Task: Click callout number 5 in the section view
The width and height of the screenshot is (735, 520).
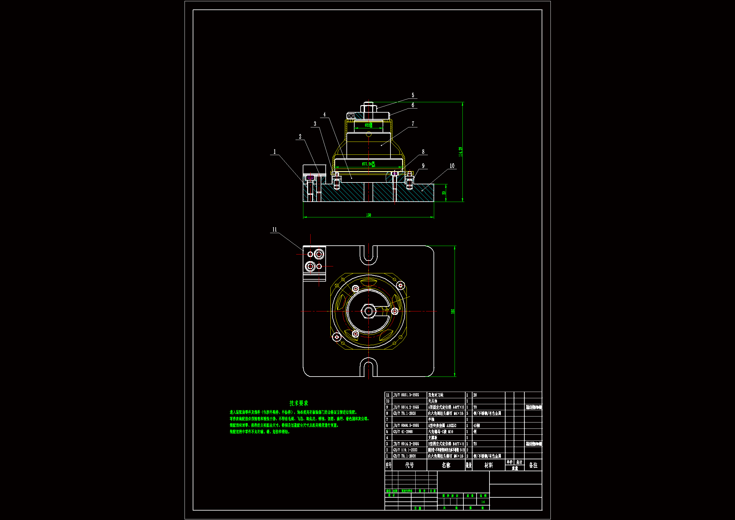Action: coord(413,95)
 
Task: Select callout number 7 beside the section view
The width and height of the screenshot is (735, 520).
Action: coord(413,124)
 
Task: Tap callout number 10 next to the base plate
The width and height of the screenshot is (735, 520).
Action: coord(452,166)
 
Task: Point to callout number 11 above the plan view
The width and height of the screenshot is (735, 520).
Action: coord(274,229)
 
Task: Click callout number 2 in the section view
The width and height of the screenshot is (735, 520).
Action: coord(300,137)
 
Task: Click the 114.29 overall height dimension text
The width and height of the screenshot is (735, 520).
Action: coord(460,152)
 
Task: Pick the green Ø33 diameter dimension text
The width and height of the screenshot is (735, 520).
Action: coord(368,125)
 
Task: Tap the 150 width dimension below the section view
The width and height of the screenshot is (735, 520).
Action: coord(368,215)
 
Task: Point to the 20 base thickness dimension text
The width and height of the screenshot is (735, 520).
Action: coord(444,193)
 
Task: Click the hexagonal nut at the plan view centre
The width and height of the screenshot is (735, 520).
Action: coord(368,311)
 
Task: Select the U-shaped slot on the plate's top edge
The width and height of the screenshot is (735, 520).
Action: coord(368,255)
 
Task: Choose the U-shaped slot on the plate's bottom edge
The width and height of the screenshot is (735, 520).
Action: coord(368,367)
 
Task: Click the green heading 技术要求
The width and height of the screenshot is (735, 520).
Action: coord(298,403)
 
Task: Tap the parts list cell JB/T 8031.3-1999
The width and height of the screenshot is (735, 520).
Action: coord(406,395)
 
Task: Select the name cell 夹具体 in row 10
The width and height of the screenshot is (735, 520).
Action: coord(433,401)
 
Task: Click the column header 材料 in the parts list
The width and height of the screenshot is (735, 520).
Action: coord(488,465)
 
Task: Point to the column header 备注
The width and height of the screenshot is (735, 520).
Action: coord(533,465)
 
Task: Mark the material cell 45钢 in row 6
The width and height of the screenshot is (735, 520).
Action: coord(477,426)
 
